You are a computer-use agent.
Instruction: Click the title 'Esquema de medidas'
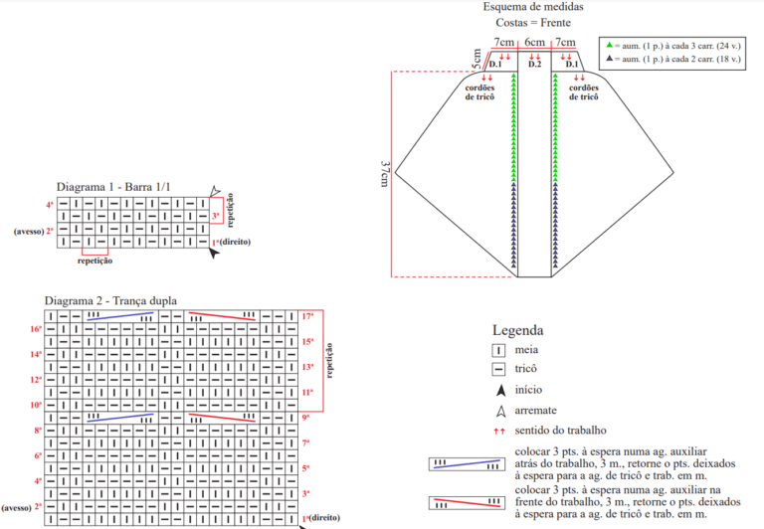pos(533,7)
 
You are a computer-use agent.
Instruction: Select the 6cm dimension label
pos(534,43)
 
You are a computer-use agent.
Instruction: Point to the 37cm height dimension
pos(384,174)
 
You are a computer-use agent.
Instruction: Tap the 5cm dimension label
pos(477,59)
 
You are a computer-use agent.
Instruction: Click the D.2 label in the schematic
pos(534,64)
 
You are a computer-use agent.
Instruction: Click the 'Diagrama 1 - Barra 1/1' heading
pos(113,187)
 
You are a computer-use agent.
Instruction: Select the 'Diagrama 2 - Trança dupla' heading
pos(110,300)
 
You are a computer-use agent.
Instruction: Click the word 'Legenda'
pos(517,330)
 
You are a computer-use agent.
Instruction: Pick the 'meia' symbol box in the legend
pos(498,350)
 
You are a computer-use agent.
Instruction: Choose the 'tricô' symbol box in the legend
pos(498,369)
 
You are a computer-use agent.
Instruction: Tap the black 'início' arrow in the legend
pos(501,390)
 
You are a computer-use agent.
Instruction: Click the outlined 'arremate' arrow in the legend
pos(501,411)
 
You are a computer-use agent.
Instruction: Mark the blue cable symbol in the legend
pos(467,464)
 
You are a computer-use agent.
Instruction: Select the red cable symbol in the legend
pos(467,503)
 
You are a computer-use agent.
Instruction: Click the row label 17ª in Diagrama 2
pos(307,316)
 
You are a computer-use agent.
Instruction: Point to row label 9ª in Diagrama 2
pos(305,418)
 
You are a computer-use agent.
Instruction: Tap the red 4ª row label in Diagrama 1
pos(50,205)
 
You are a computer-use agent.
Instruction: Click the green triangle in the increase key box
pos(609,45)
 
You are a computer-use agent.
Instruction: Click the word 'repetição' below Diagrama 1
pos(95,261)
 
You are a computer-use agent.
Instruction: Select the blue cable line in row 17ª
pos(120,316)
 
